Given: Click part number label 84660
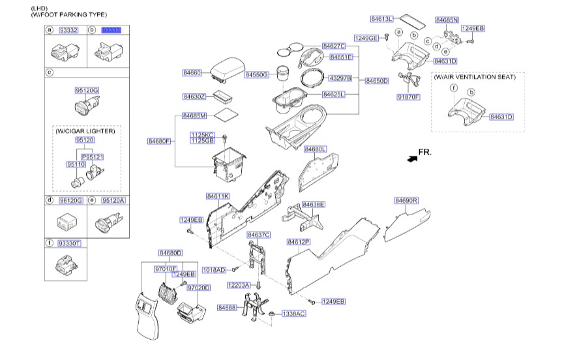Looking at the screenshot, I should [x=192, y=72].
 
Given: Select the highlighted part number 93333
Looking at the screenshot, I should [x=111, y=30].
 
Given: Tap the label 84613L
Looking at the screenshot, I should [x=381, y=20].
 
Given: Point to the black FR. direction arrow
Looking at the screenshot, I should [x=411, y=158].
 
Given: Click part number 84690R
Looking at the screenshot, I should [x=406, y=201].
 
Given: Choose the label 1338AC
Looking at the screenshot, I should [x=293, y=314].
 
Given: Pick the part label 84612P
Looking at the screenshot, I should [x=299, y=241].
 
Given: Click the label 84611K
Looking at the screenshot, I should [x=217, y=196].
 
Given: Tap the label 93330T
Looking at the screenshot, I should [x=68, y=243].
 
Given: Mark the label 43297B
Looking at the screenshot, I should [x=340, y=78].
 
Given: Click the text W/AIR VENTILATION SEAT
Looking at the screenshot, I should [x=475, y=77].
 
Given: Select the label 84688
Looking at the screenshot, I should [x=228, y=307].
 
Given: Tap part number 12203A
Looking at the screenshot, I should [x=239, y=286].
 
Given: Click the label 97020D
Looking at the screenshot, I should [x=198, y=288].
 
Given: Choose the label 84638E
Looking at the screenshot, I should [x=314, y=205].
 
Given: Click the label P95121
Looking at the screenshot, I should [x=93, y=157].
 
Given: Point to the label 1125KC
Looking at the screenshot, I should [x=202, y=134].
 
